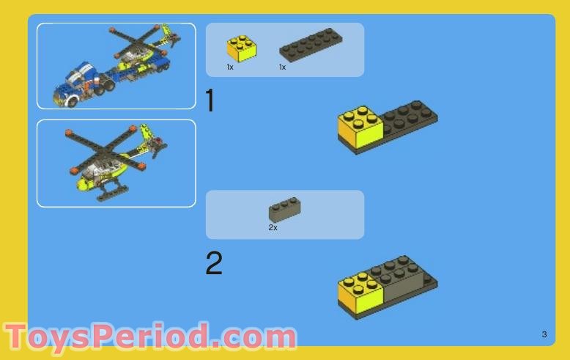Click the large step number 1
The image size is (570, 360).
tap(210, 100)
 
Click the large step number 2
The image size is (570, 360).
tap(214, 263)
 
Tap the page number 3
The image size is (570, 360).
tap(544, 334)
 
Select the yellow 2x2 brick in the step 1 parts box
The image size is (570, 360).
tap(241, 48)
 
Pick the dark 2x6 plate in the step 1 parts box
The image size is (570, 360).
tap(311, 45)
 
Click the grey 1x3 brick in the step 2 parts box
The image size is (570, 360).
tap(285, 209)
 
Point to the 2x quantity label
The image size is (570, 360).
tap(273, 227)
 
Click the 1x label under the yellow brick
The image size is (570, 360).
tap(230, 67)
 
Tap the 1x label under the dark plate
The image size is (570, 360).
tap(283, 67)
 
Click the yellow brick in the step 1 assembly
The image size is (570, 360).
tap(360, 127)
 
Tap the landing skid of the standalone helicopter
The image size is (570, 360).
tap(113, 193)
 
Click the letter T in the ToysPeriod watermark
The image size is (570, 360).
tap(15, 337)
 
